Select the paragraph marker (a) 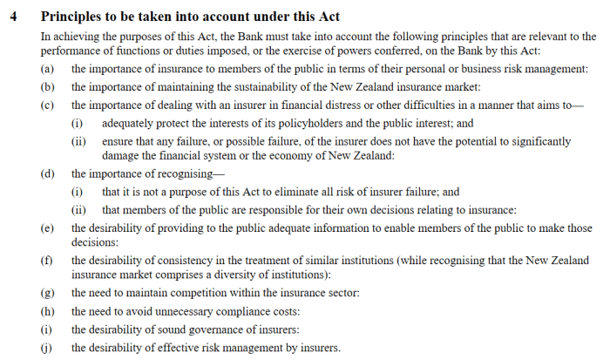[47, 69]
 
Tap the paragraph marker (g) [47, 293]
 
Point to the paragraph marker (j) [47, 349]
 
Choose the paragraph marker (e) [47, 227]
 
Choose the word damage [120, 155]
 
